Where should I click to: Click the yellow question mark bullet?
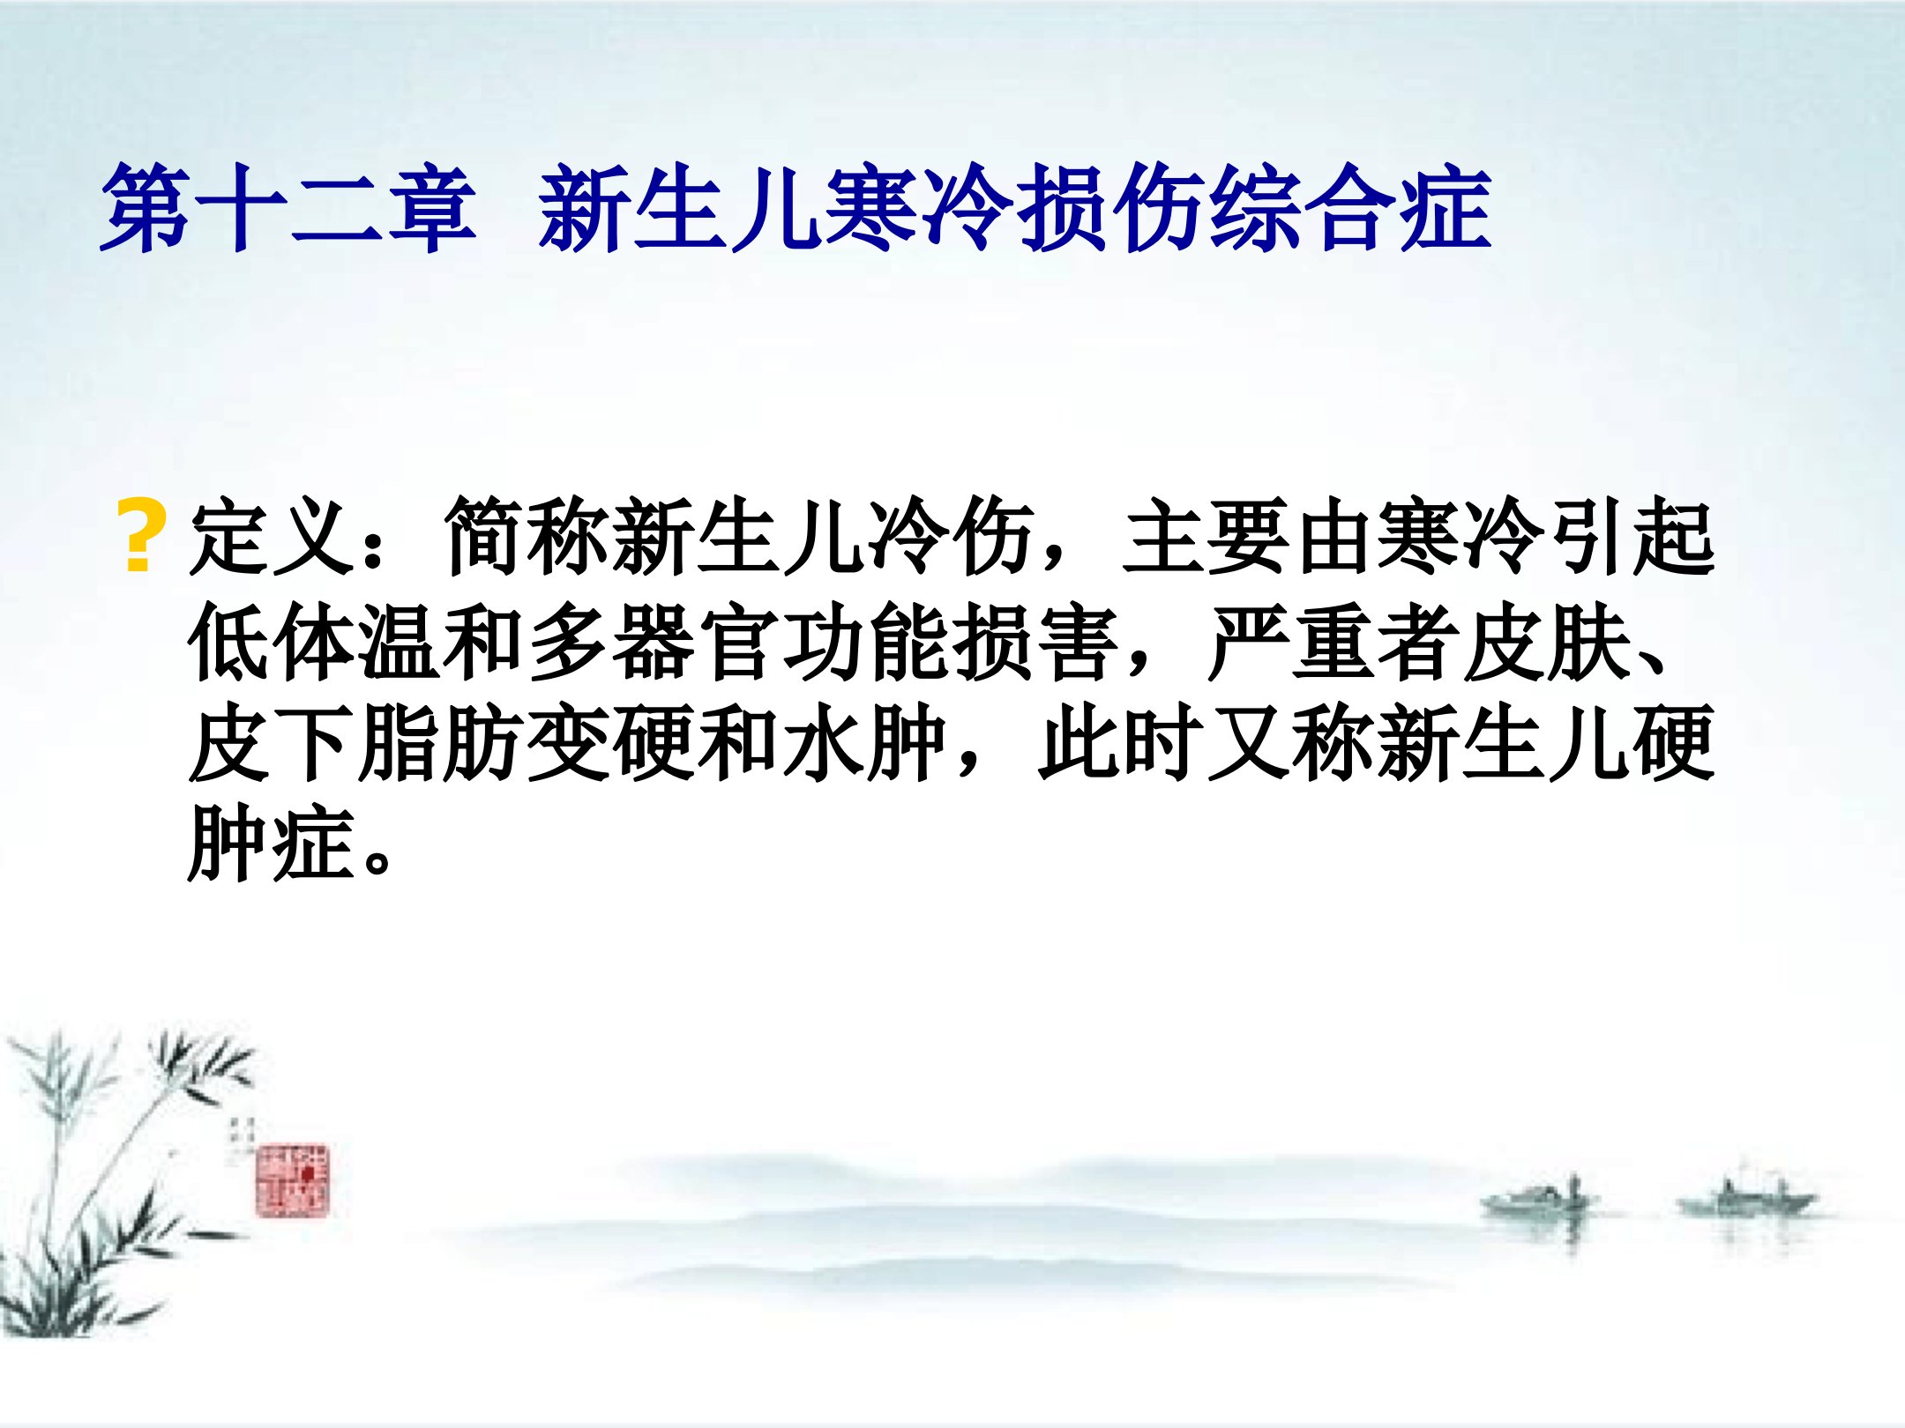140,536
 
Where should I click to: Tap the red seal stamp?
293,1180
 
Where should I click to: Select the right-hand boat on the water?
1746,1199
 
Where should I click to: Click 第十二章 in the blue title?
288,210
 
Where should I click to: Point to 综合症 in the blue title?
1350,210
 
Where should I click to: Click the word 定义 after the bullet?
273,537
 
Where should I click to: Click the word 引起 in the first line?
1632,537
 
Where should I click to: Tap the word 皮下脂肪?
357,743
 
